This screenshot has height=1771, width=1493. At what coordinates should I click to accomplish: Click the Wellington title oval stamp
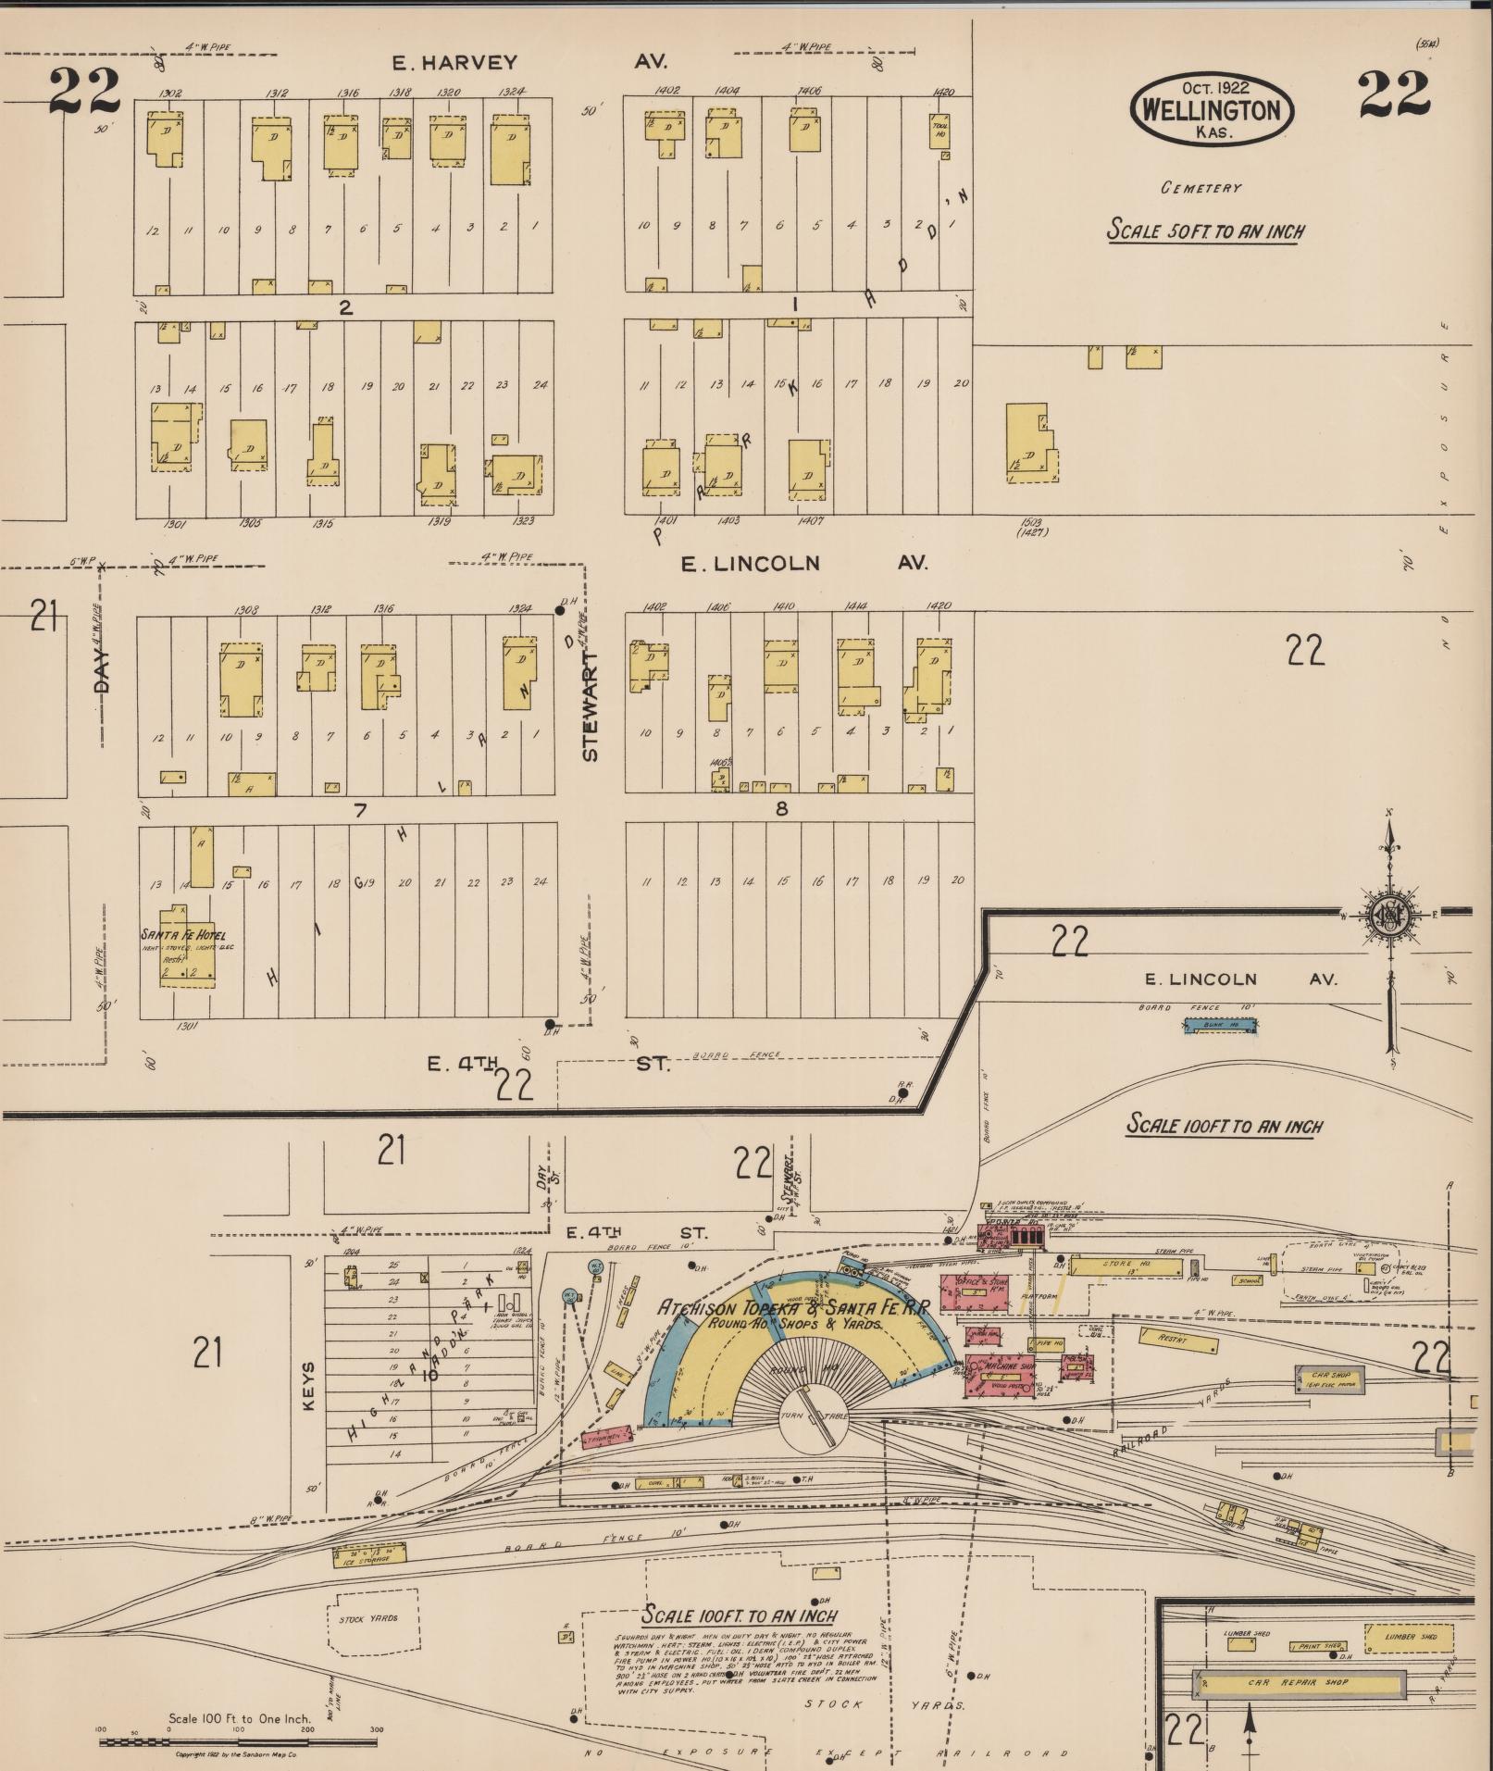(1211, 110)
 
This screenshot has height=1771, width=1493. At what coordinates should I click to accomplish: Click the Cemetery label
(1201, 188)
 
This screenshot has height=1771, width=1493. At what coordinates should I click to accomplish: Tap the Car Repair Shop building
(1299, 1682)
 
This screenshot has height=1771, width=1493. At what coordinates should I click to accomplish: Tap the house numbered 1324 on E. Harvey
(511, 150)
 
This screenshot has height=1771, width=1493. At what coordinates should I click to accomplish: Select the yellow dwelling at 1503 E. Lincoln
(1030, 444)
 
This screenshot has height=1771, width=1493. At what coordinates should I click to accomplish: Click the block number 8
(781, 809)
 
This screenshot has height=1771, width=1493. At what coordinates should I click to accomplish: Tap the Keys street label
(309, 1386)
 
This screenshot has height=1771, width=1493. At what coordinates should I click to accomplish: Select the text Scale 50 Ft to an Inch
(1204, 231)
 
